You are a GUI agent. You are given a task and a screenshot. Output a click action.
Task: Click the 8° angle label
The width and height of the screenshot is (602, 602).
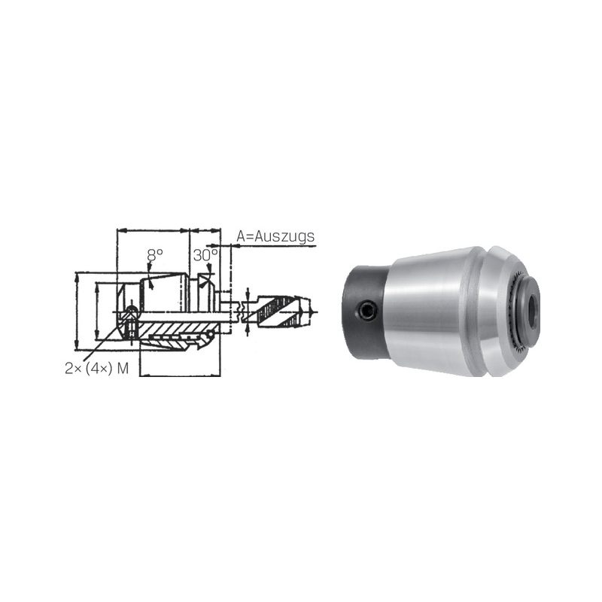[x=155, y=254]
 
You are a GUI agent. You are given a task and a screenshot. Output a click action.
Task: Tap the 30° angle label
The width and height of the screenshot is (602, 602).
[x=205, y=255]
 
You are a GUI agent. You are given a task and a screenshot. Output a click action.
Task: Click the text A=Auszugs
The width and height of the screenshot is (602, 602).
[x=275, y=236]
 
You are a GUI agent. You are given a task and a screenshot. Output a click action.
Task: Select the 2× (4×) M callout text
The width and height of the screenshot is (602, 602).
[x=97, y=369]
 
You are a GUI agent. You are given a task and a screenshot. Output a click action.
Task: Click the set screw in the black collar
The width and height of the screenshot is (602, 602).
[x=366, y=309]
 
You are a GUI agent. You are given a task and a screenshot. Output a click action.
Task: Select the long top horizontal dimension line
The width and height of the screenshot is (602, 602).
[x=153, y=231]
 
